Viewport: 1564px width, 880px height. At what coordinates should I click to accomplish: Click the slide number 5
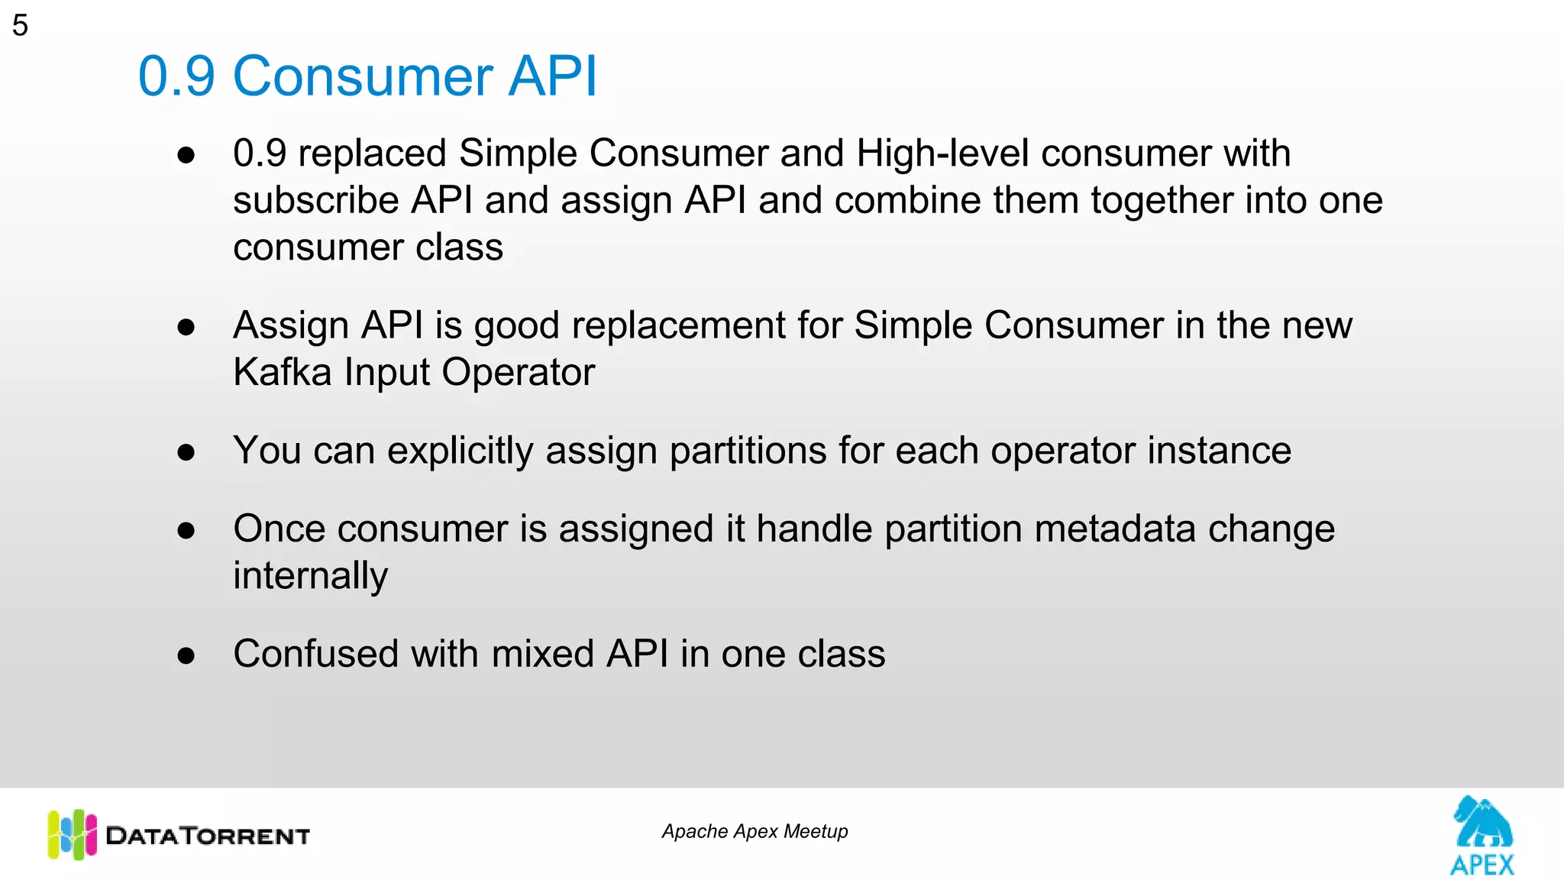pyautogui.click(x=20, y=25)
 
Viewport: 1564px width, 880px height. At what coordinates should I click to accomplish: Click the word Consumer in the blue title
pyautogui.click(x=363, y=76)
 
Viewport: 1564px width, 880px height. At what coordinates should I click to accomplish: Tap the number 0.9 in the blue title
pyautogui.click(x=176, y=76)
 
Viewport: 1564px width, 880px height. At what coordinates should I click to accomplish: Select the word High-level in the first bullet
pyautogui.click(x=942, y=153)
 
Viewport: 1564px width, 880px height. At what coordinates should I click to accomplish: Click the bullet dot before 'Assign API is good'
pyautogui.click(x=186, y=328)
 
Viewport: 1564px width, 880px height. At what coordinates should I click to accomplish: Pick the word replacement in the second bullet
pyautogui.click(x=678, y=325)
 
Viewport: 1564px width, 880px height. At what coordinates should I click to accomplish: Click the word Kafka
pyautogui.click(x=282, y=373)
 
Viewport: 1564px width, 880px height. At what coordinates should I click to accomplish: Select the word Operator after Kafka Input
pyautogui.click(x=518, y=373)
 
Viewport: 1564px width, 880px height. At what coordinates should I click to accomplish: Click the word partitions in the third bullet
pyautogui.click(x=748, y=451)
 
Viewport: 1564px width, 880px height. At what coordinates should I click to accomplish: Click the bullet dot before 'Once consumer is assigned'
pyautogui.click(x=186, y=531)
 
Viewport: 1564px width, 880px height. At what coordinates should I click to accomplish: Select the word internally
pyautogui.click(x=310, y=576)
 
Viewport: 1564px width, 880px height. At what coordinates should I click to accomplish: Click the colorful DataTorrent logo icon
pyautogui.click(x=72, y=834)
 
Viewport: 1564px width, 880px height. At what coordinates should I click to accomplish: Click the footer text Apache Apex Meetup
pyautogui.click(x=755, y=831)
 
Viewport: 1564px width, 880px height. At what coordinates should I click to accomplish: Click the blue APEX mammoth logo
pyautogui.click(x=1482, y=835)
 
